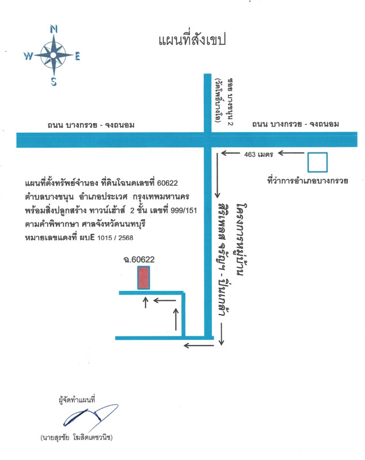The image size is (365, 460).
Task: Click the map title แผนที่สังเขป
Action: [x=192, y=40]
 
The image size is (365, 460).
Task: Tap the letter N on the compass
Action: [x=54, y=29]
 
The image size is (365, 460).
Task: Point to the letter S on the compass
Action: [x=54, y=81]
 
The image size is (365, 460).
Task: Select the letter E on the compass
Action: [x=77, y=56]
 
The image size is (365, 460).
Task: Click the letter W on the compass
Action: [x=28, y=55]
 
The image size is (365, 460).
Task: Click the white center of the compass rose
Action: [x=53, y=55]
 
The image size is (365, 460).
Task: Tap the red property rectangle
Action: [x=143, y=278]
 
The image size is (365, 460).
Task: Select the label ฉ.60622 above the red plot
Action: [x=139, y=259]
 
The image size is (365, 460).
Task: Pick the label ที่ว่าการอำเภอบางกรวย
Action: [x=308, y=180]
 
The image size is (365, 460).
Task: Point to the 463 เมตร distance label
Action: [x=258, y=154]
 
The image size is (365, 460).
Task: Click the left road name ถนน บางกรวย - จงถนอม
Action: [x=91, y=125]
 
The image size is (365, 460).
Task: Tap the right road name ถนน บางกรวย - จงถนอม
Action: [x=295, y=124]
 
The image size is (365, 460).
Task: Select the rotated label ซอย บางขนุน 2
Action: [x=230, y=102]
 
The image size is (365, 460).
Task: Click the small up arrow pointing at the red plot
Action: [x=146, y=302]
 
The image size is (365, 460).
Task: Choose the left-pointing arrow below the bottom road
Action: [x=199, y=346]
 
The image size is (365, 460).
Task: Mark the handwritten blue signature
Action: [x=91, y=415]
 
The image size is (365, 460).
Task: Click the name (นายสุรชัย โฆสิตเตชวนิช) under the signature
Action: [x=77, y=438]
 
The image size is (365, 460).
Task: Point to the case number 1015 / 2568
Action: [x=115, y=237]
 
